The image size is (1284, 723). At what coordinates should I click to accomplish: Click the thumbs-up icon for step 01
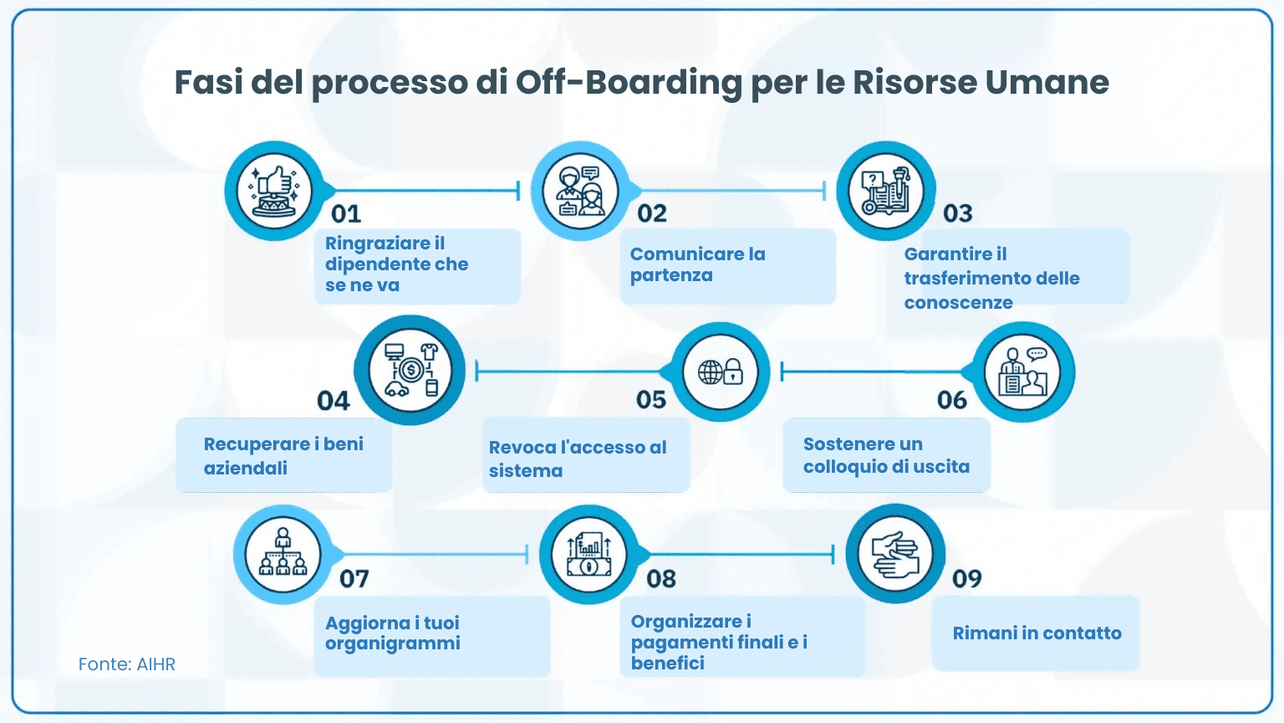click(x=274, y=191)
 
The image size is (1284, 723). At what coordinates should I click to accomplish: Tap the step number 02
click(x=652, y=214)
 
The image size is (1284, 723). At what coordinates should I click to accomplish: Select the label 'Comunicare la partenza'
click(x=697, y=264)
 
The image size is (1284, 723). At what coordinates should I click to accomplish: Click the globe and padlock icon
click(x=721, y=372)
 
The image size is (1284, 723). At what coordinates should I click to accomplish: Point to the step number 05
click(x=651, y=400)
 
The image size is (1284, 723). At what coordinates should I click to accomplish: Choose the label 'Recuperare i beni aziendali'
click(x=283, y=455)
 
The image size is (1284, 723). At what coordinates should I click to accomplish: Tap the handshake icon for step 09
click(x=895, y=554)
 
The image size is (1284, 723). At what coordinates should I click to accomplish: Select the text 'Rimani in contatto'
click(x=1037, y=633)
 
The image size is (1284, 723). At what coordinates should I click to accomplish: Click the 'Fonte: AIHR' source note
click(x=127, y=664)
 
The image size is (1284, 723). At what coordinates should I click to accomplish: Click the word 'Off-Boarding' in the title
click(x=629, y=83)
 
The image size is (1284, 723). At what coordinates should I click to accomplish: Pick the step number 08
click(x=661, y=579)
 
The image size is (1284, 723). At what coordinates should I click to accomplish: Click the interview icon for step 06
click(x=1022, y=372)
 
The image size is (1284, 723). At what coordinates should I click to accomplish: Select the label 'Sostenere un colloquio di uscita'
click(x=886, y=455)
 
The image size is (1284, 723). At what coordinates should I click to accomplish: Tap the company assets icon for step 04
click(x=410, y=370)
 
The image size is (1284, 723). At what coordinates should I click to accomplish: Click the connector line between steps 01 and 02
click(x=426, y=191)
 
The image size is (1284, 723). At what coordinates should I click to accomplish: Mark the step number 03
click(x=958, y=214)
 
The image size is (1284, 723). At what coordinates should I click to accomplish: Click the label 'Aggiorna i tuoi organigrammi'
click(x=393, y=633)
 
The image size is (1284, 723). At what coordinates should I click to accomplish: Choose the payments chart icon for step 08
click(x=589, y=554)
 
